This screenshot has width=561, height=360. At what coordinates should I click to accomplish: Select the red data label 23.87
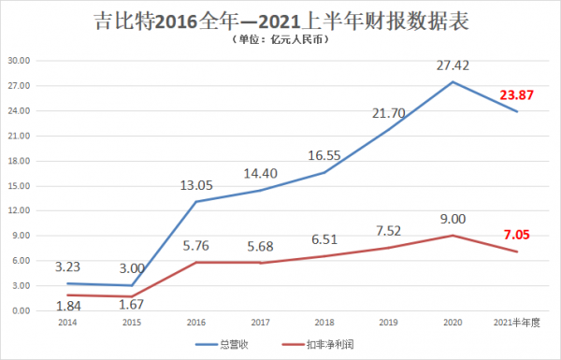518,94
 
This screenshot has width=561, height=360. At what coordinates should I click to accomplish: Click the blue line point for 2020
453,82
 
